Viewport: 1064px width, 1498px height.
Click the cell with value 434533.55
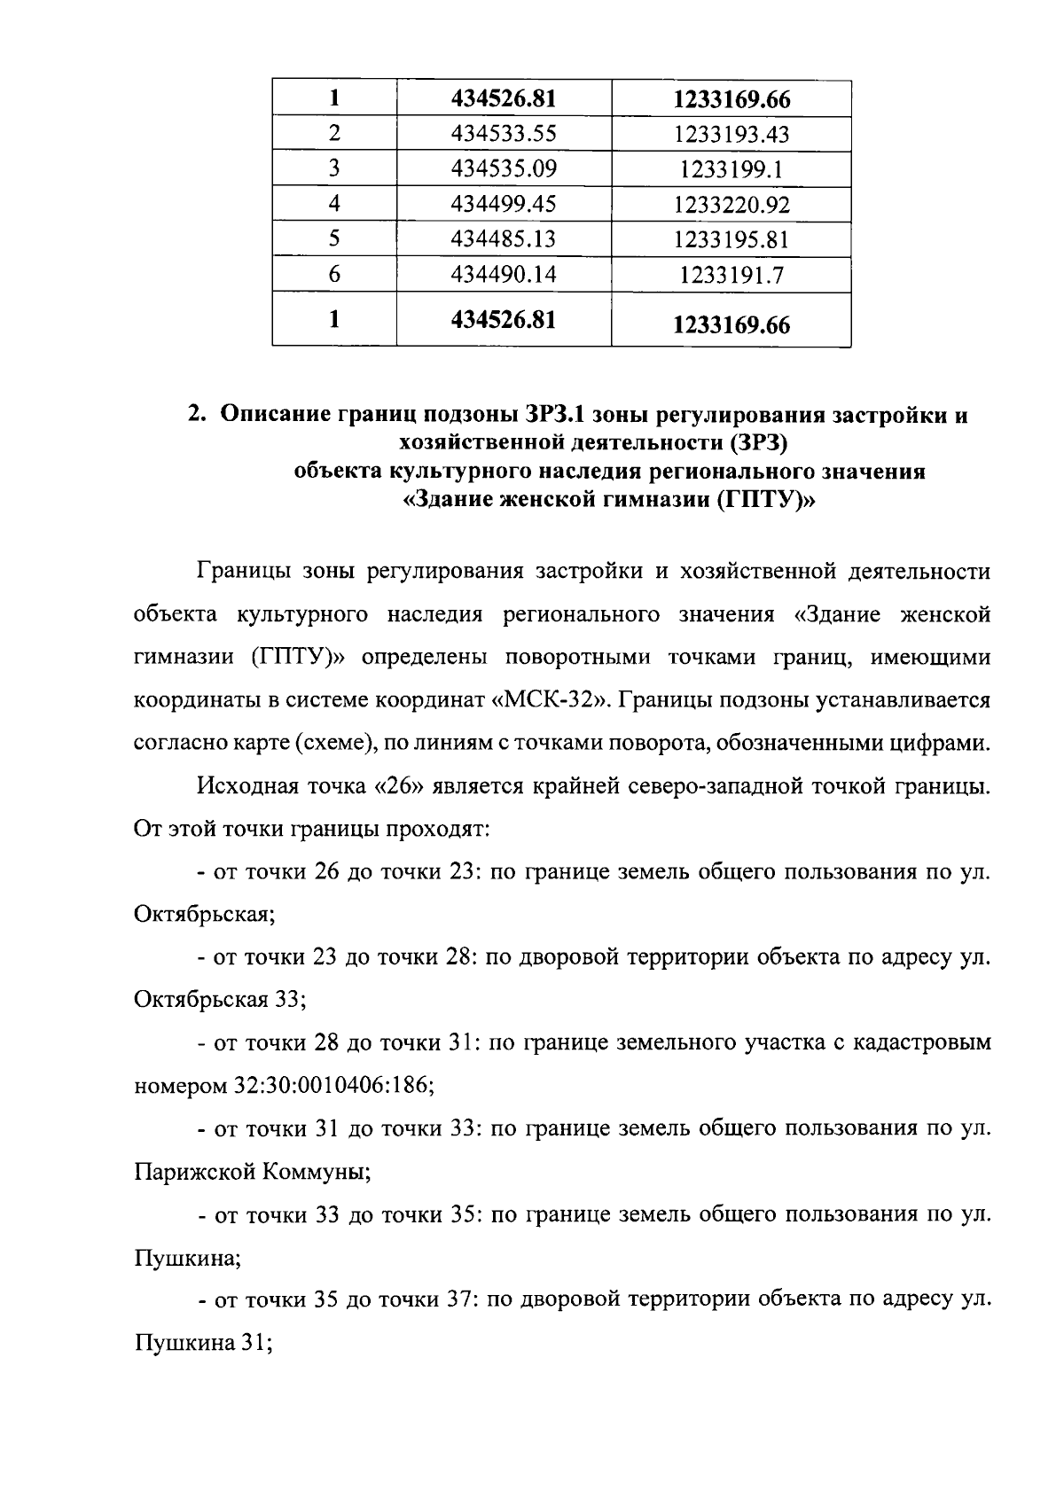[504, 134]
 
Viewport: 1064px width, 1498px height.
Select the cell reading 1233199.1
[731, 170]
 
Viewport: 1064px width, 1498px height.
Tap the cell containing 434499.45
[504, 205]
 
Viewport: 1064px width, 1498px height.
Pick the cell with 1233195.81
[731, 240]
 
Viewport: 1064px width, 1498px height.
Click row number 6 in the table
[334, 275]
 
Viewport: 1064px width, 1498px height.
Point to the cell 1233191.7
[731, 276]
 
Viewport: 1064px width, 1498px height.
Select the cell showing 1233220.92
[731, 206]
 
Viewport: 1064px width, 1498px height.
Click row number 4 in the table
[334, 204]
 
